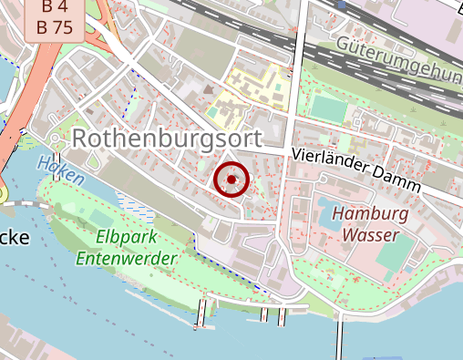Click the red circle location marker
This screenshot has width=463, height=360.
(x=231, y=180)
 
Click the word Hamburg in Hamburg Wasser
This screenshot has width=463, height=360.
(x=369, y=215)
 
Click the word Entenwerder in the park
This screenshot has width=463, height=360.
(x=126, y=258)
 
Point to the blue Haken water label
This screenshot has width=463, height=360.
(x=60, y=170)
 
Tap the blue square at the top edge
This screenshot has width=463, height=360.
(x=342, y=5)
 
